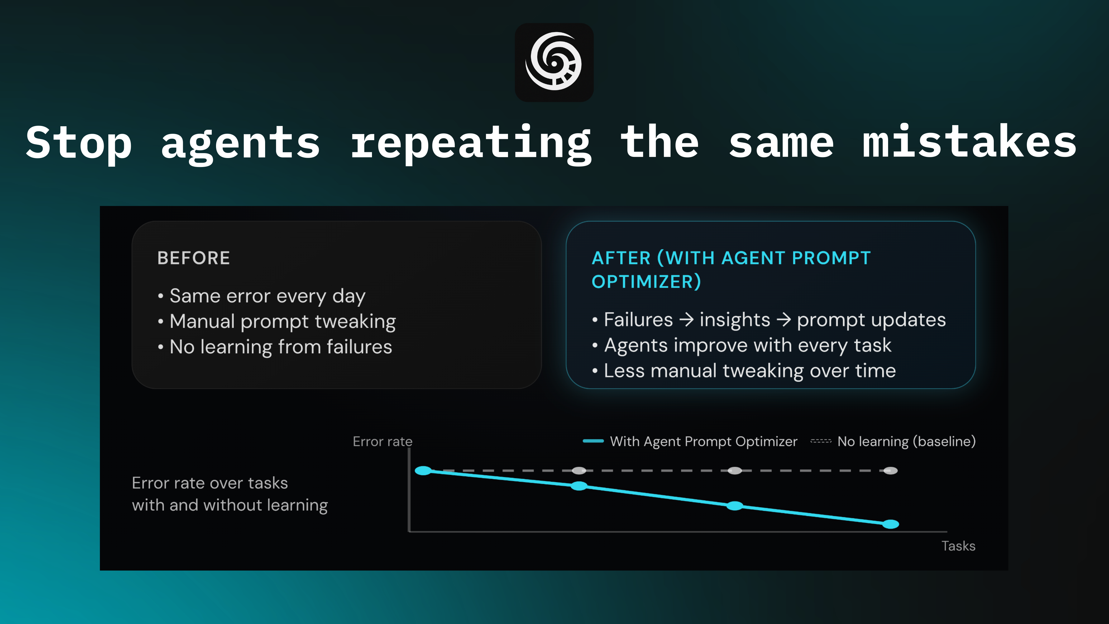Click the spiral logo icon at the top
554,62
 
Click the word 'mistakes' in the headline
969,142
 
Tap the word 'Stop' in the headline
79,142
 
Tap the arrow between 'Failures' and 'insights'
686,320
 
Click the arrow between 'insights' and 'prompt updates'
784,320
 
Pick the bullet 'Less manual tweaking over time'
749,371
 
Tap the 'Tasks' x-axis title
958,546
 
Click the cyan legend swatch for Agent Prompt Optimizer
593,441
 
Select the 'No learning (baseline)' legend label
906,441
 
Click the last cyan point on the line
890,524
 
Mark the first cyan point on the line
423,471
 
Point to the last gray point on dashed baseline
890,471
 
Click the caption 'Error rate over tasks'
210,483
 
